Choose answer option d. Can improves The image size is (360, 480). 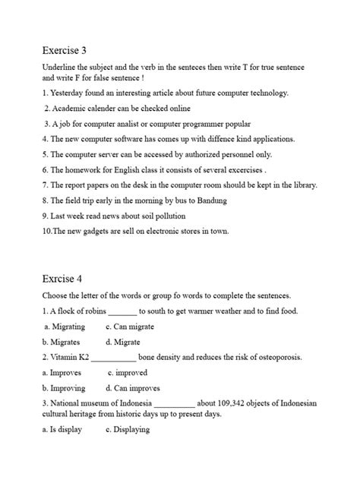[133, 388]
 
